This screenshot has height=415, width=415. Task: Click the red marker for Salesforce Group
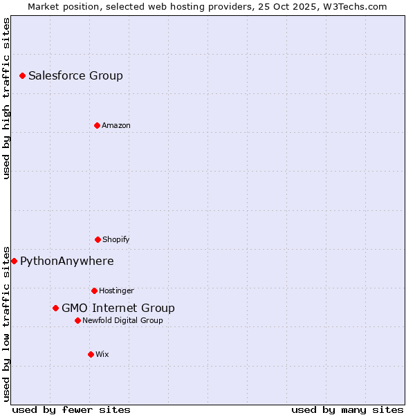[x=22, y=75]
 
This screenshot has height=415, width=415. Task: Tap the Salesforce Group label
[x=75, y=76]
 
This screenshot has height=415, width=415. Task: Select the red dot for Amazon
[x=97, y=125]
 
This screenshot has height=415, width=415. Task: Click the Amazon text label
[x=116, y=126]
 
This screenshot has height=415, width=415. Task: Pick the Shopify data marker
[x=98, y=239]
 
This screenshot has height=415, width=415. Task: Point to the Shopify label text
[x=116, y=240]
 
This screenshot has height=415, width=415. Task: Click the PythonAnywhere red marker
[x=14, y=261]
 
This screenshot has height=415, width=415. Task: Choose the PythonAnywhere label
[x=66, y=261]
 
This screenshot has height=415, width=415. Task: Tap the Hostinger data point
[x=94, y=290]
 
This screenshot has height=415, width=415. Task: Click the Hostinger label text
[x=116, y=291]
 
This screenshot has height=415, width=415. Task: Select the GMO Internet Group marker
[x=55, y=308]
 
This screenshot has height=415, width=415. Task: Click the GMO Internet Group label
[x=118, y=308]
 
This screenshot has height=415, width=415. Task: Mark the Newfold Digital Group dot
[x=77, y=320]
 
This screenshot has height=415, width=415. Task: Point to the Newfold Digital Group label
[x=122, y=321]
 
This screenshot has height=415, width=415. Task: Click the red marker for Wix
[x=91, y=354]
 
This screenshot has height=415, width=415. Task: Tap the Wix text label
[x=102, y=355]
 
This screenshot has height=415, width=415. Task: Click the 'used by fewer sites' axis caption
[x=71, y=410]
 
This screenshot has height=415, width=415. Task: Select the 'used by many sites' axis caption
[x=347, y=410]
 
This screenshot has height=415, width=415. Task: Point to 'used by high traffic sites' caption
[x=6, y=98]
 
